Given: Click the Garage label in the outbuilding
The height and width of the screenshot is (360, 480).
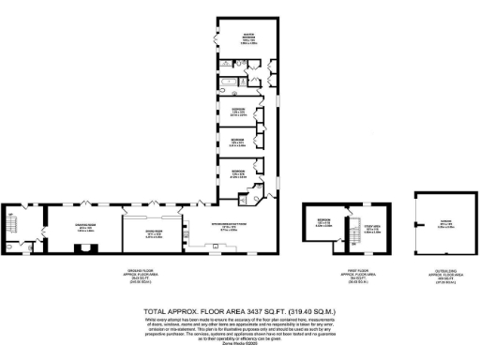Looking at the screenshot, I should (x=442, y=223).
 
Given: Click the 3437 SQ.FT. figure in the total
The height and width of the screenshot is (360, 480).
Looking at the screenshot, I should (x=262, y=311).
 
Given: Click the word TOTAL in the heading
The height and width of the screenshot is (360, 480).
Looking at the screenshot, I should (x=157, y=311).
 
